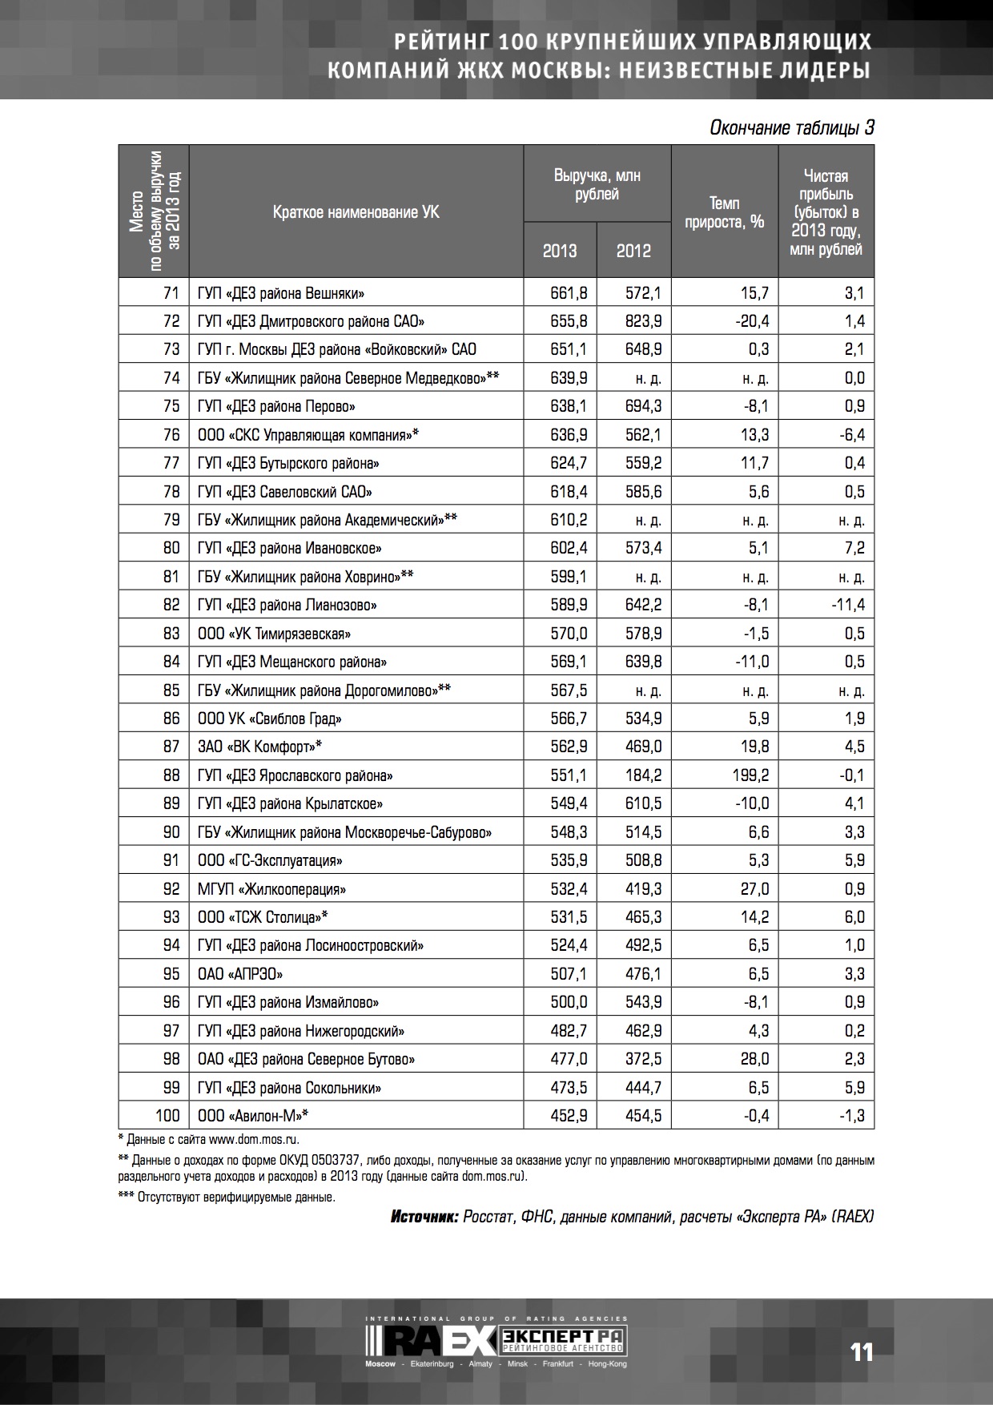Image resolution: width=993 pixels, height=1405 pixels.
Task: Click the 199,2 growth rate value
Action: coord(753,775)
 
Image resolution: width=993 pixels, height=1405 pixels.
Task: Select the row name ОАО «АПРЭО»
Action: coord(240,974)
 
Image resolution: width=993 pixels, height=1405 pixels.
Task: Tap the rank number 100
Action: coord(167,1116)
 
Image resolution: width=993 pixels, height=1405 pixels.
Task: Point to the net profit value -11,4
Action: coord(848,605)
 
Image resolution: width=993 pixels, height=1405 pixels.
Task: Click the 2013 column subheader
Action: coord(560,251)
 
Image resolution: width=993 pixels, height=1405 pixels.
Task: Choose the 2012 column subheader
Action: coord(633,251)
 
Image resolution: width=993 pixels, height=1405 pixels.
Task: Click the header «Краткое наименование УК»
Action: coord(356,212)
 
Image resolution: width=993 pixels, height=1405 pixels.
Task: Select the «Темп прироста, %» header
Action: coord(724,212)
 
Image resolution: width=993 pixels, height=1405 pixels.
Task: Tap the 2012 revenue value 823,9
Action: coord(644,321)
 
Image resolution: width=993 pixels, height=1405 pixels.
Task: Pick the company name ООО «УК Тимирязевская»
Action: coord(274,634)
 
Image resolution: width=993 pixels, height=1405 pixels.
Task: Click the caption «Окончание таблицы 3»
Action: coord(791,128)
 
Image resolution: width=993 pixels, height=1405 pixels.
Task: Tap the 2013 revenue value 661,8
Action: coord(569,293)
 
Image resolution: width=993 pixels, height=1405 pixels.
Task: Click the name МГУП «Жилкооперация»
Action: coord(271,889)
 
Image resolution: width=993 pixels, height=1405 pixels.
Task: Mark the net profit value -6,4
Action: coord(850,435)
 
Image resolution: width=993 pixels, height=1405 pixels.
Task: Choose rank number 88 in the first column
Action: coord(171,775)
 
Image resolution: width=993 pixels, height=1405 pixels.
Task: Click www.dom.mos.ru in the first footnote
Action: coord(255,1138)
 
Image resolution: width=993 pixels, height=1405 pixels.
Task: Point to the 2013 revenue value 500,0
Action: coord(569,1002)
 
